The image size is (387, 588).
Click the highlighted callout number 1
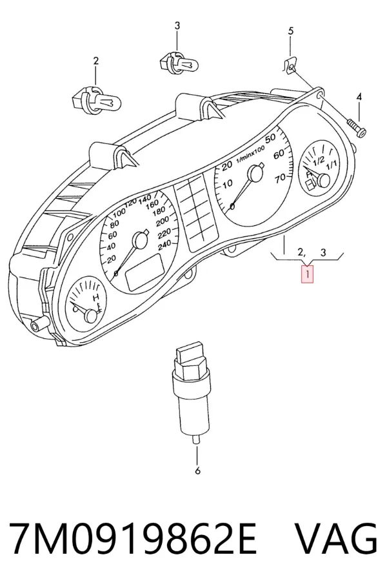(x=307, y=274)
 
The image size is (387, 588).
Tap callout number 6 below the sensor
(x=198, y=471)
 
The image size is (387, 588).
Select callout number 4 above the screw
(x=359, y=97)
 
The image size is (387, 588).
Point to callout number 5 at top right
(x=291, y=31)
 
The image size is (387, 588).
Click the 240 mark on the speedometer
(x=164, y=246)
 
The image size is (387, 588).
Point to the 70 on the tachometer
(x=280, y=179)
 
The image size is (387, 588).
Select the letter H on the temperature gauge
(x=96, y=298)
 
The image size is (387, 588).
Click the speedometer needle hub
(x=141, y=240)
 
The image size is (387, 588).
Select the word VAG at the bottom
(x=336, y=538)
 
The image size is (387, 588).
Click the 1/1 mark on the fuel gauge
(x=332, y=165)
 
